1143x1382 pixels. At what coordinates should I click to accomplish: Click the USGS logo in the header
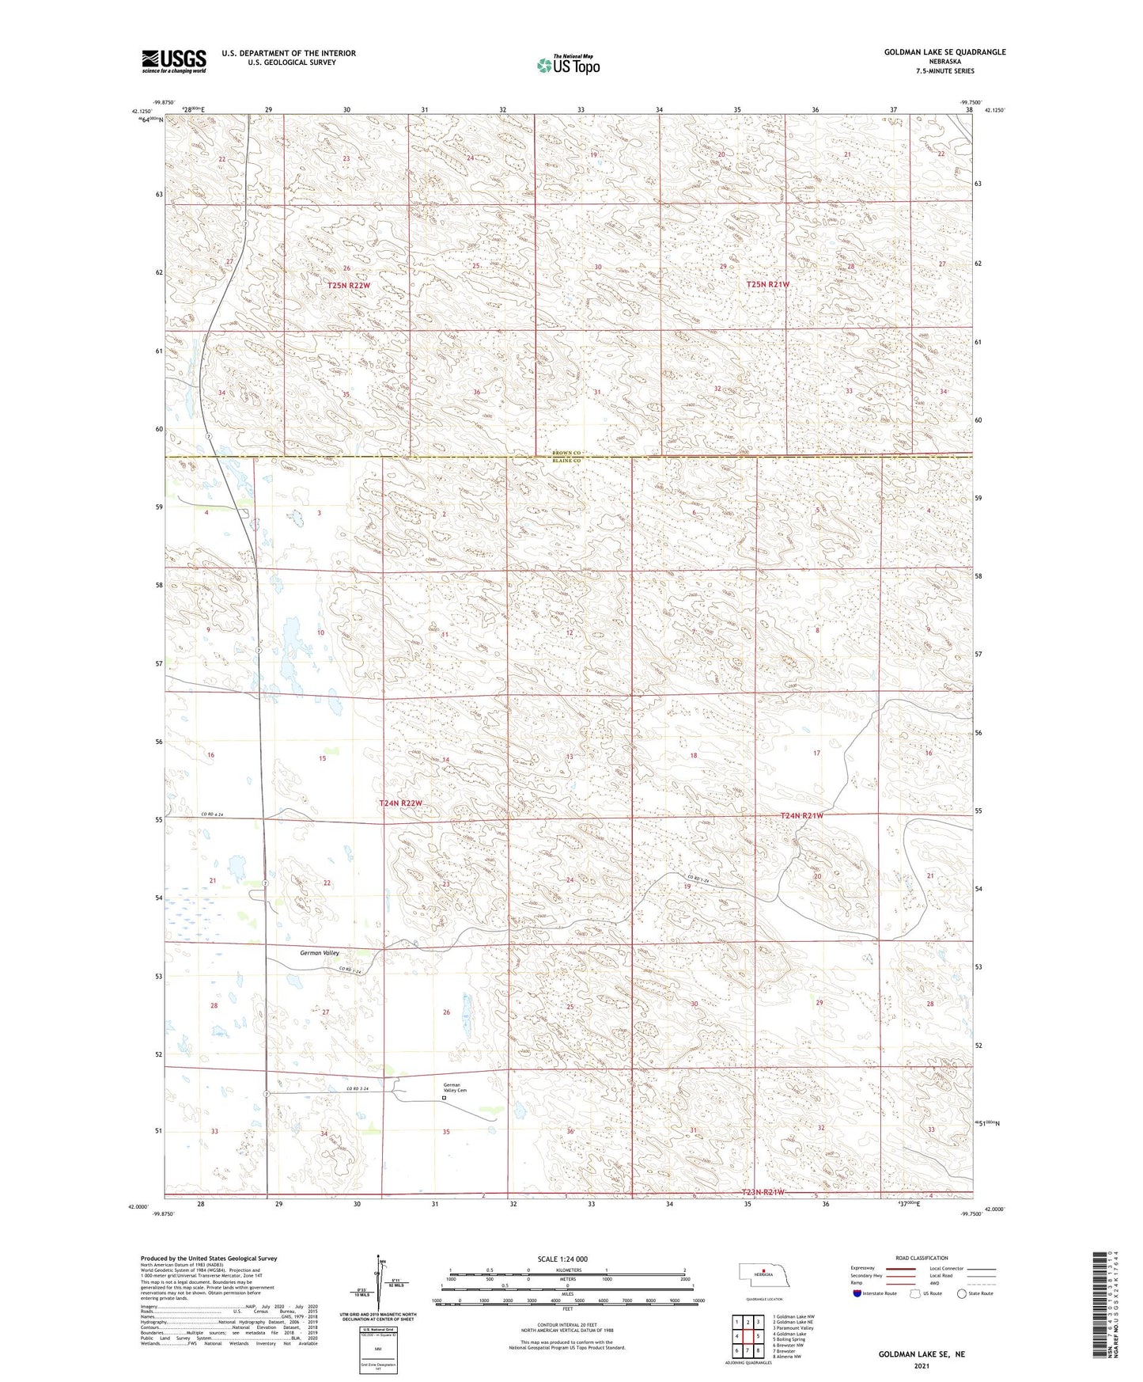174,61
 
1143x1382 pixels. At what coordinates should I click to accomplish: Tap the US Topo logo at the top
567,65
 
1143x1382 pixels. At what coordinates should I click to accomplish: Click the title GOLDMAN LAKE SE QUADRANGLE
944,52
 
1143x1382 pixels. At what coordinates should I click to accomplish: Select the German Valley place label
320,953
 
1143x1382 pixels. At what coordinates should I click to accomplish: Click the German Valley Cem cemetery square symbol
444,1098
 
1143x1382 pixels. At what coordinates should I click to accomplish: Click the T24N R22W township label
401,803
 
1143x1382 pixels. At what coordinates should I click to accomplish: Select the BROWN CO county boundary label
567,453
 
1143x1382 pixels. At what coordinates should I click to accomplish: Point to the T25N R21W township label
768,284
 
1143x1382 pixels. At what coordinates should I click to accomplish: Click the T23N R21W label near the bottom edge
763,1192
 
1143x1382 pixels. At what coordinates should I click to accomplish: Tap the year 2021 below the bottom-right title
921,1366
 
